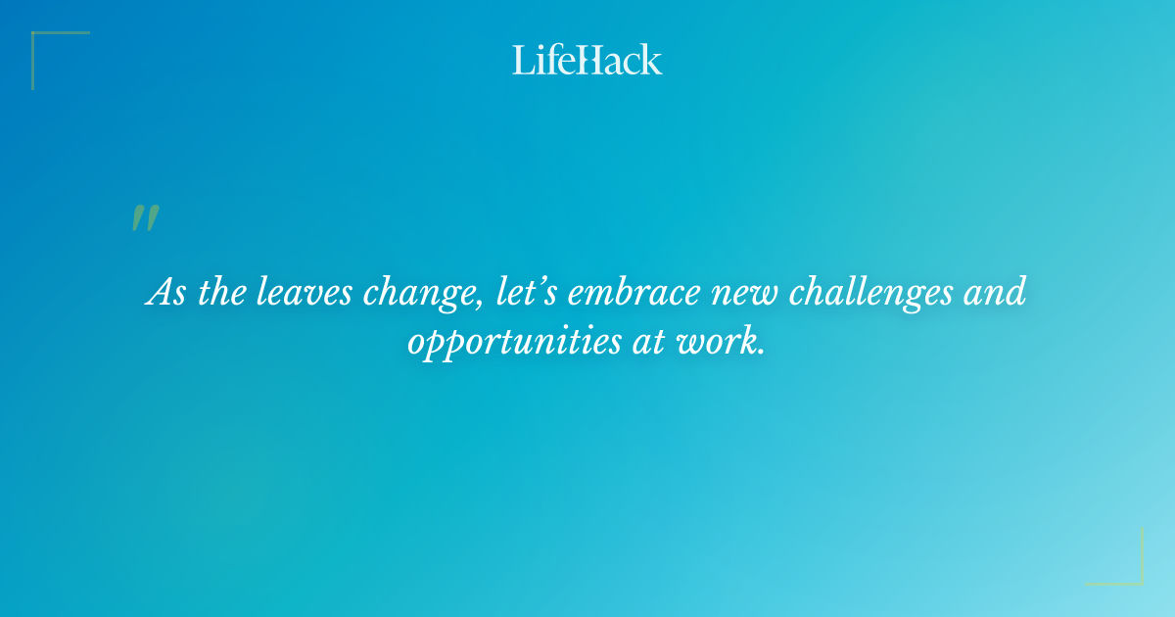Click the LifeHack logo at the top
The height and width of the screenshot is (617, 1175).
point(587,60)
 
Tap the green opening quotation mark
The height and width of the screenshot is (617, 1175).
point(144,218)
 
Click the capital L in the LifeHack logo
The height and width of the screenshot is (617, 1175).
point(522,60)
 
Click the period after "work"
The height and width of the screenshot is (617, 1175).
point(761,352)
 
